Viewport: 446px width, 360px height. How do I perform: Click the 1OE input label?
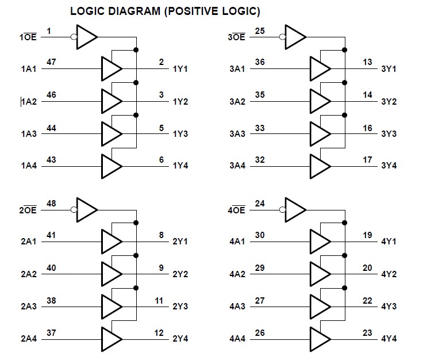[x=28, y=37]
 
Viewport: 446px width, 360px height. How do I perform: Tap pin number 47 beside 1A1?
[x=51, y=62]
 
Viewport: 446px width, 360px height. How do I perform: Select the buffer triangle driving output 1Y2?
[x=111, y=101]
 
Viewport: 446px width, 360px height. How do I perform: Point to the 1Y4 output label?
[x=180, y=166]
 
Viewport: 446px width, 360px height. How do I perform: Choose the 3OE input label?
[x=237, y=37]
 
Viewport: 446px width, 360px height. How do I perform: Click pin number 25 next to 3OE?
[x=260, y=30]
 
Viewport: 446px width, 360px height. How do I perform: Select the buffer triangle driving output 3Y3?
[x=320, y=133]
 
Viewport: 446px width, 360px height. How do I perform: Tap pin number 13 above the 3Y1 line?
[x=367, y=62]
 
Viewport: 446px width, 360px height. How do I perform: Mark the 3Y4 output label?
[x=389, y=166]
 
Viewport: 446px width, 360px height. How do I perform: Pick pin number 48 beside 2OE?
[x=51, y=203]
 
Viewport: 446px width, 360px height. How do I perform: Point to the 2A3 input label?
[x=28, y=307]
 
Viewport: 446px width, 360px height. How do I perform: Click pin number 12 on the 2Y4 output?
[x=159, y=332]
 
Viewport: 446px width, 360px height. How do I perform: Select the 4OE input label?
[x=237, y=210]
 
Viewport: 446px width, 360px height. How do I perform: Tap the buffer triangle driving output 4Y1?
[x=320, y=241]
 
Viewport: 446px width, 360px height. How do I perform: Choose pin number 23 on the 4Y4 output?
[x=367, y=332]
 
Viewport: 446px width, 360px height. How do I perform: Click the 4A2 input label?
[x=237, y=274]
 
